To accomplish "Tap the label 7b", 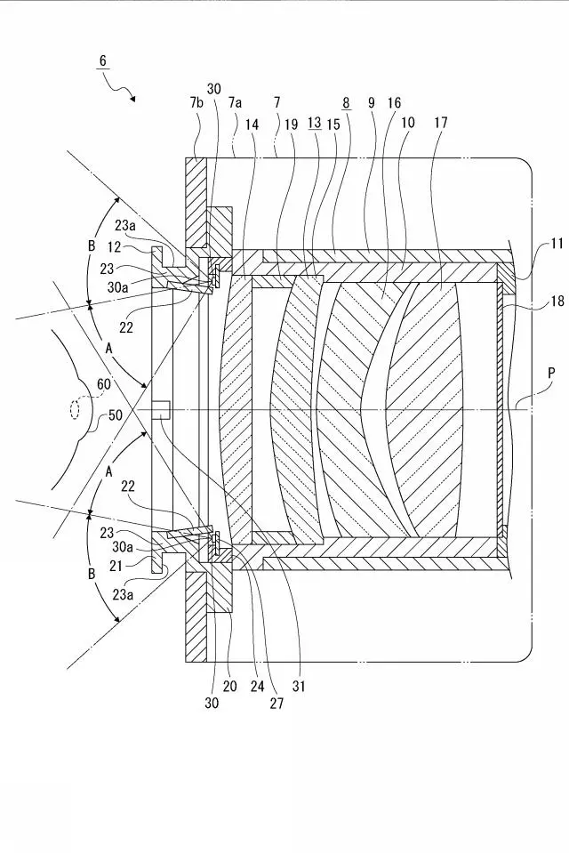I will [x=196, y=102].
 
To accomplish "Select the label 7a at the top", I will [x=235, y=102].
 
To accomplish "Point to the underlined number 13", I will [x=314, y=124].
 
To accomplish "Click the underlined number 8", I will [x=346, y=102].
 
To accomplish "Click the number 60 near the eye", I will [x=104, y=382].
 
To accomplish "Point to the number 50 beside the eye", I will [x=115, y=414].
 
